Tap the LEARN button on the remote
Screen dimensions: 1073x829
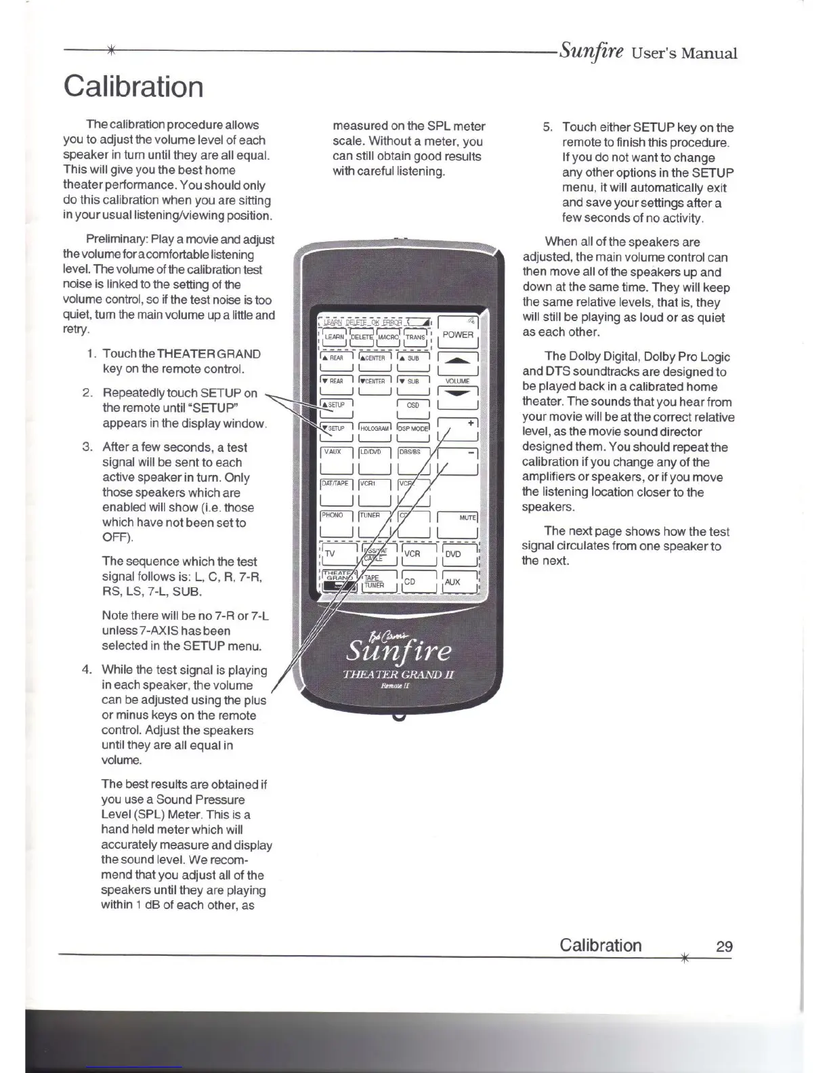coord(335,336)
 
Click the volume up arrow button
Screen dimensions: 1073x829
coord(459,363)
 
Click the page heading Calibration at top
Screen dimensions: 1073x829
coord(133,87)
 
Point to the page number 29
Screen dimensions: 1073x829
coord(724,946)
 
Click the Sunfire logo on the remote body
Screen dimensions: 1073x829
coord(398,651)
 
